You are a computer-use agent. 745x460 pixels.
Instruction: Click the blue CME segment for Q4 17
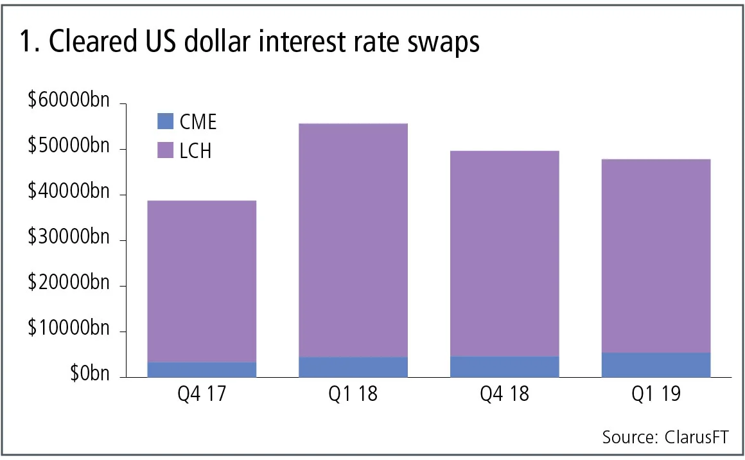click(x=202, y=369)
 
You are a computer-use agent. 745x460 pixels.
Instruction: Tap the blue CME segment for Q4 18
click(x=505, y=367)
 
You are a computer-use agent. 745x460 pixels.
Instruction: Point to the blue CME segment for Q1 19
click(x=656, y=365)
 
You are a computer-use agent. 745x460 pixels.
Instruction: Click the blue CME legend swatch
click(x=165, y=121)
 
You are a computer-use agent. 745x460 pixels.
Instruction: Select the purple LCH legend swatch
click(x=165, y=150)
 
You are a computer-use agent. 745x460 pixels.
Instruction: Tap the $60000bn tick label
click(x=69, y=102)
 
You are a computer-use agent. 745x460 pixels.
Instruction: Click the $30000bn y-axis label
click(x=69, y=238)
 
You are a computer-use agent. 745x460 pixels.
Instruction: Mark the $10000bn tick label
click(x=69, y=330)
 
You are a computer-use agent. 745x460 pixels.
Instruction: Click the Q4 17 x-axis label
click(x=202, y=393)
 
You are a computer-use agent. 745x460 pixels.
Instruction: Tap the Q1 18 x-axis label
click(x=353, y=393)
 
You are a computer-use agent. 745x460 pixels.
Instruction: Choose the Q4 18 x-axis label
click(x=505, y=393)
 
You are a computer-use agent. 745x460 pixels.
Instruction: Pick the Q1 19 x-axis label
click(x=656, y=393)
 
